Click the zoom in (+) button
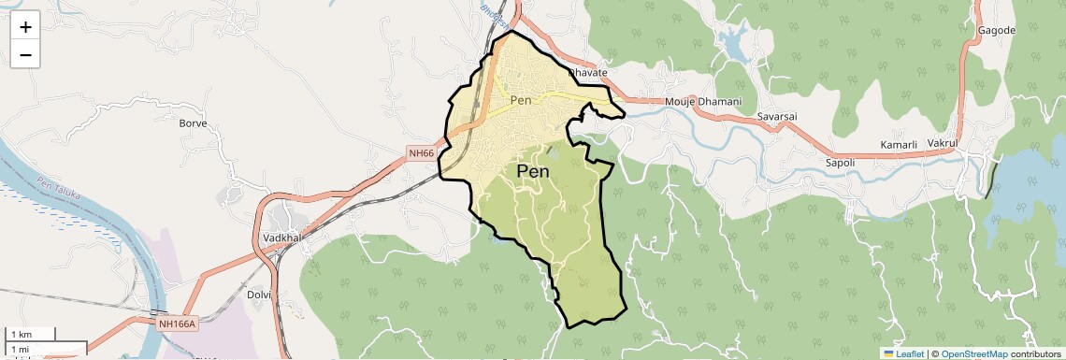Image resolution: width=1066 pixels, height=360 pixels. (25, 26)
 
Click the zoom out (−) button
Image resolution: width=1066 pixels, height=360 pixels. (25, 54)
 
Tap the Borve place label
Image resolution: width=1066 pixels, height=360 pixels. (193, 122)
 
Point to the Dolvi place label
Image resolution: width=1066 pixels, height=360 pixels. (258, 294)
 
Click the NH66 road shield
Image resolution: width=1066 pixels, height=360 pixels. (422, 153)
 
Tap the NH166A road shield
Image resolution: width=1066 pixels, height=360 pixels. (177, 324)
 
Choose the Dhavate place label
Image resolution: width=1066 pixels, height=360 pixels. (589, 72)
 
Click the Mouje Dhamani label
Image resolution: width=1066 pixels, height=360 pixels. (703, 101)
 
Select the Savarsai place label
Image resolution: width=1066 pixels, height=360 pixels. (777, 116)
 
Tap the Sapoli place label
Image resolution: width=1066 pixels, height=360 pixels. (814, 163)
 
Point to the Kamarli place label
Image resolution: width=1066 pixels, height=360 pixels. (900, 145)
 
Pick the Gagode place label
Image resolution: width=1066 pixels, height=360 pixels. (997, 30)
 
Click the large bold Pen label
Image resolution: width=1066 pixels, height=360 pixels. (533, 172)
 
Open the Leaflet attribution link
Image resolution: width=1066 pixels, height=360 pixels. (903, 353)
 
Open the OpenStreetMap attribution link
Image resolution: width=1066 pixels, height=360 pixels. (974, 353)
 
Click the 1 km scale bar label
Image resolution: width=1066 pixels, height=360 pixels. (22, 334)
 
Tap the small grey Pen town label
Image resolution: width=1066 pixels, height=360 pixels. (521, 99)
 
